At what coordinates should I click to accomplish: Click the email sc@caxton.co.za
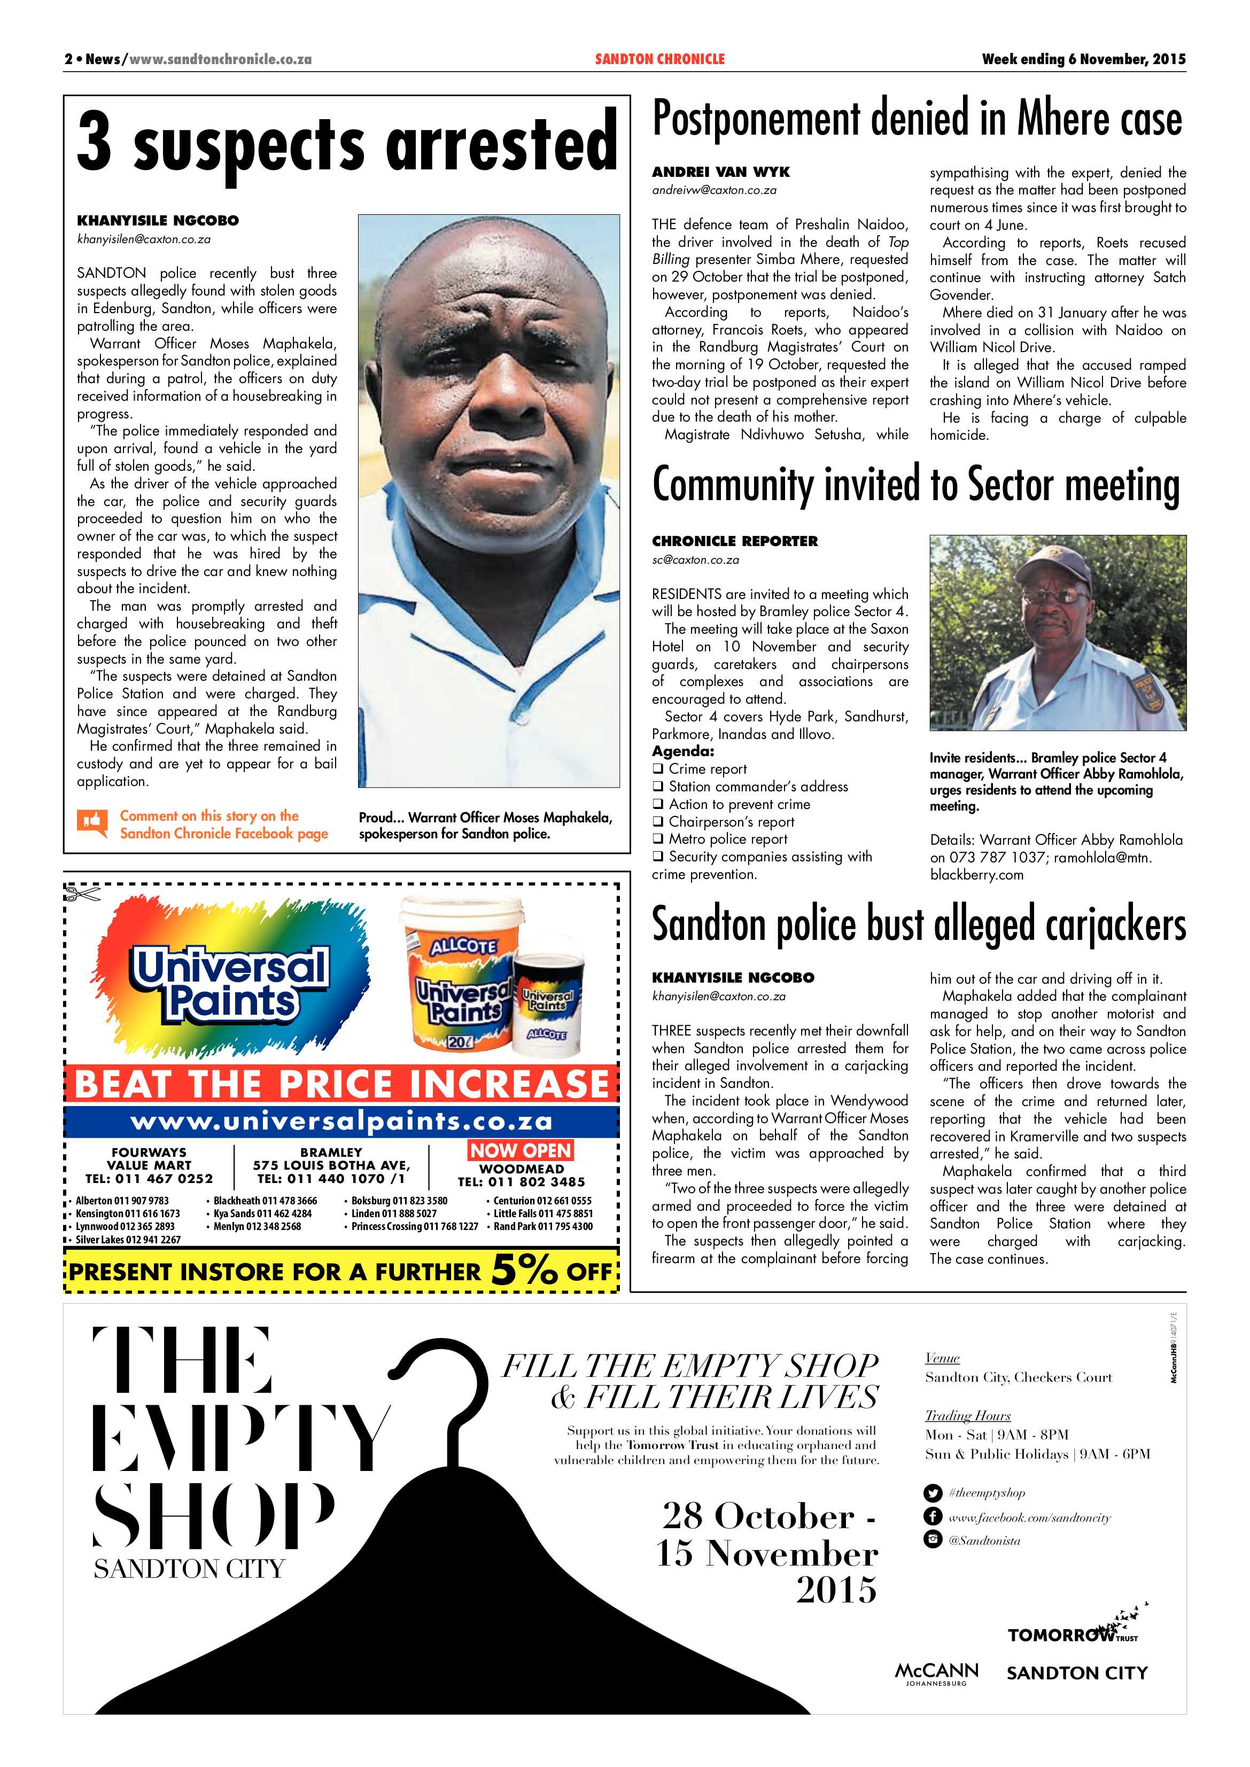695,559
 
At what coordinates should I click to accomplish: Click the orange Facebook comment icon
91,823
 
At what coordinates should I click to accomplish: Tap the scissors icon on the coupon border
82,894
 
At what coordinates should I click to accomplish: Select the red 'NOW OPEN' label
521,1150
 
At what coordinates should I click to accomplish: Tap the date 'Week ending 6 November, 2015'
1083,59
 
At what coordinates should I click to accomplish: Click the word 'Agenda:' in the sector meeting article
683,751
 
